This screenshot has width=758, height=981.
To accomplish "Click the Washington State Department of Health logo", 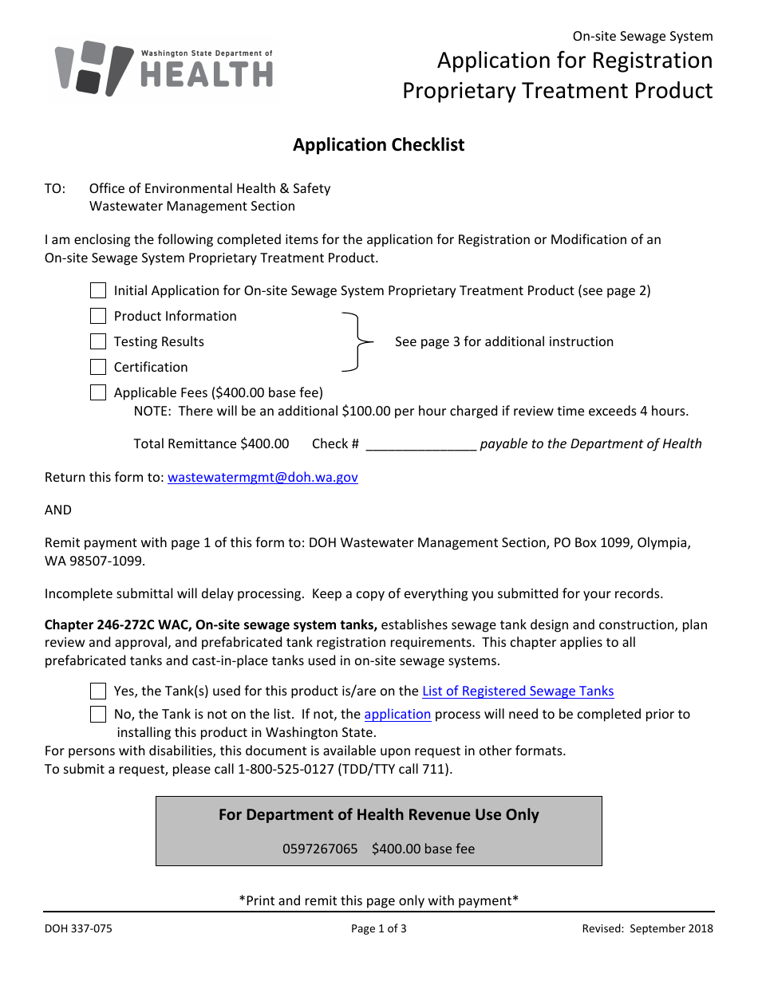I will (x=164, y=69).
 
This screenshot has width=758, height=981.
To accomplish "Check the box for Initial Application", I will (x=98, y=290).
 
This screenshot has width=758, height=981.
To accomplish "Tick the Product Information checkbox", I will (x=98, y=316).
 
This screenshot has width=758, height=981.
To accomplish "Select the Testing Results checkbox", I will (x=98, y=341).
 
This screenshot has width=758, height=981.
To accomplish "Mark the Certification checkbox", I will (x=98, y=367).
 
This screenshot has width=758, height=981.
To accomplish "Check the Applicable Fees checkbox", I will (x=98, y=392).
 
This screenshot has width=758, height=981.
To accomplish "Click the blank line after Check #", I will (x=420, y=444).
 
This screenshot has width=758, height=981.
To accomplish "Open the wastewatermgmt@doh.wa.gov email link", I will (x=263, y=477).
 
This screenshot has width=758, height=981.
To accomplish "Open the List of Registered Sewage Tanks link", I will (x=518, y=691).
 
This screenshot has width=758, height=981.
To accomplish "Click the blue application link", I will (x=397, y=714).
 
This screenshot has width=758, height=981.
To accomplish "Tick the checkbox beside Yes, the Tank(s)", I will (x=98, y=691).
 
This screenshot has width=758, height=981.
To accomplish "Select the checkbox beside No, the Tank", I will (x=98, y=714).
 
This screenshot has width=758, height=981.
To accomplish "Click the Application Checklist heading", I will (x=378, y=144).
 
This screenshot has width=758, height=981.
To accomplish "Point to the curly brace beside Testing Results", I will (x=355, y=341).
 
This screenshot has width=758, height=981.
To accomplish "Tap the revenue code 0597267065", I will (x=320, y=849).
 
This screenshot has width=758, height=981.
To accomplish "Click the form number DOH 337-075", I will (x=73, y=928).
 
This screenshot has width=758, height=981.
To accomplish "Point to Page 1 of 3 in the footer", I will (x=378, y=928).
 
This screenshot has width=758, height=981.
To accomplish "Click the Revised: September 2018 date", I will (x=647, y=928).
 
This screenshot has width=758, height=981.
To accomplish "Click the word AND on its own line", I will (x=58, y=510).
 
